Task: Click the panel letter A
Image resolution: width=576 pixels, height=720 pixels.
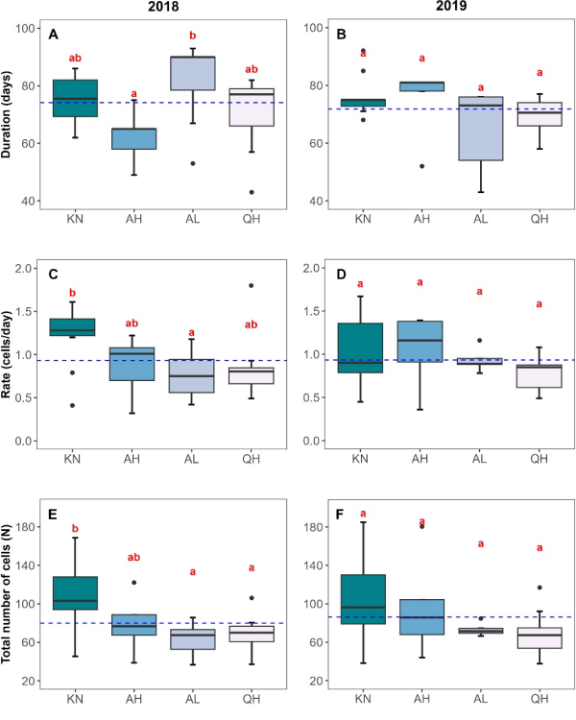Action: pos(54,35)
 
